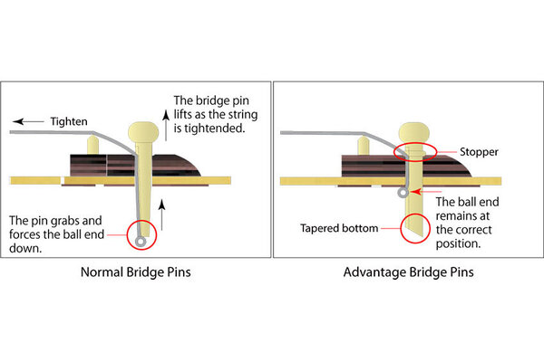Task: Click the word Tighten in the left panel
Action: click(69, 119)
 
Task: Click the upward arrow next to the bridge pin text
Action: click(165, 111)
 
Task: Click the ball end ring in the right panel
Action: click(401, 192)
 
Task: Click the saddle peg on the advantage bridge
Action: click(364, 145)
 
